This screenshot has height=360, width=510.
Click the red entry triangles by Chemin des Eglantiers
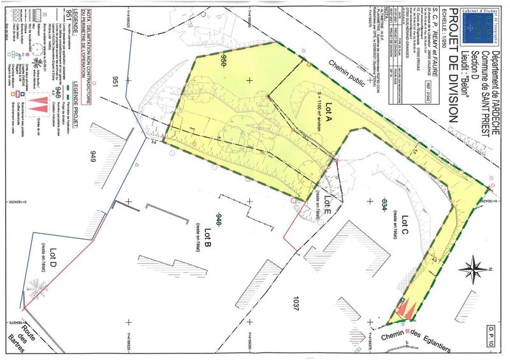(407, 310)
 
